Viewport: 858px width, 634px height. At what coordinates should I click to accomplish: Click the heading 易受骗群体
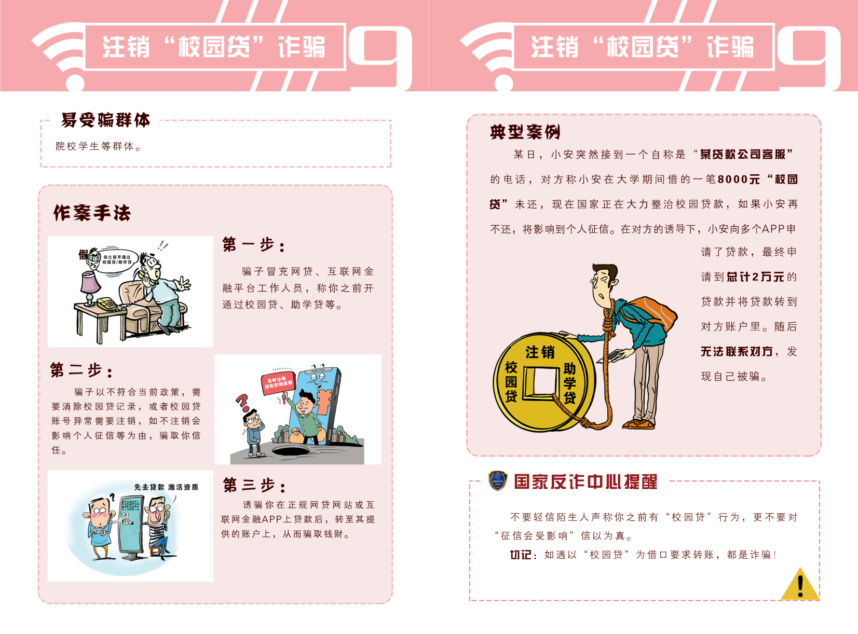click(105, 120)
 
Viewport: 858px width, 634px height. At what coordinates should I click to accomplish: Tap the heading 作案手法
click(92, 213)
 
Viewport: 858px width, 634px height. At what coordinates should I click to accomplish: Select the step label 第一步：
click(254, 245)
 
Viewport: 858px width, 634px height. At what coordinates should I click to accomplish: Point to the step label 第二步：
click(81, 370)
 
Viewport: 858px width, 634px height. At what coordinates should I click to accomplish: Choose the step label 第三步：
click(254, 485)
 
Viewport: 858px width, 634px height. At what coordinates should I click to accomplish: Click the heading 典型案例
click(525, 132)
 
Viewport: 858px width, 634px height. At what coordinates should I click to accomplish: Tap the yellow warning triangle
click(799, 584)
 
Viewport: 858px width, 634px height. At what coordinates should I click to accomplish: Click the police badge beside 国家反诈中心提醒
click(497, 481)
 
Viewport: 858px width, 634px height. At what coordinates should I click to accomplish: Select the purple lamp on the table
click(90, 287)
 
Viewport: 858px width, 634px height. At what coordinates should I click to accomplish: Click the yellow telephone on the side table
click(107, 304)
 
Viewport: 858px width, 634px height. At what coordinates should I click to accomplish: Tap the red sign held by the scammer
click(279, 383)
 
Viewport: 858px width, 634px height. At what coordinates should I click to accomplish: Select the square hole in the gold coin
click(541, 383)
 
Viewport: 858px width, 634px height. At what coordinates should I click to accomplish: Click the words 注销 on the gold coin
click(540, 352)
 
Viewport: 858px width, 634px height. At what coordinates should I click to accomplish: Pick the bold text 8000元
click(739, 179)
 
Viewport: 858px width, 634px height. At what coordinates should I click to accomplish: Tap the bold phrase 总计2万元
click(756, 277)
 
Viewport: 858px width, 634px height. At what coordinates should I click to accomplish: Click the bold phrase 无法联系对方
click(737, 352)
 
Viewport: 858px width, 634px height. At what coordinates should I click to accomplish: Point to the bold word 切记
click(521, 555)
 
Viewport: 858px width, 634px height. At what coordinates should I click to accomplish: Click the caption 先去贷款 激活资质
click(166, 487)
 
